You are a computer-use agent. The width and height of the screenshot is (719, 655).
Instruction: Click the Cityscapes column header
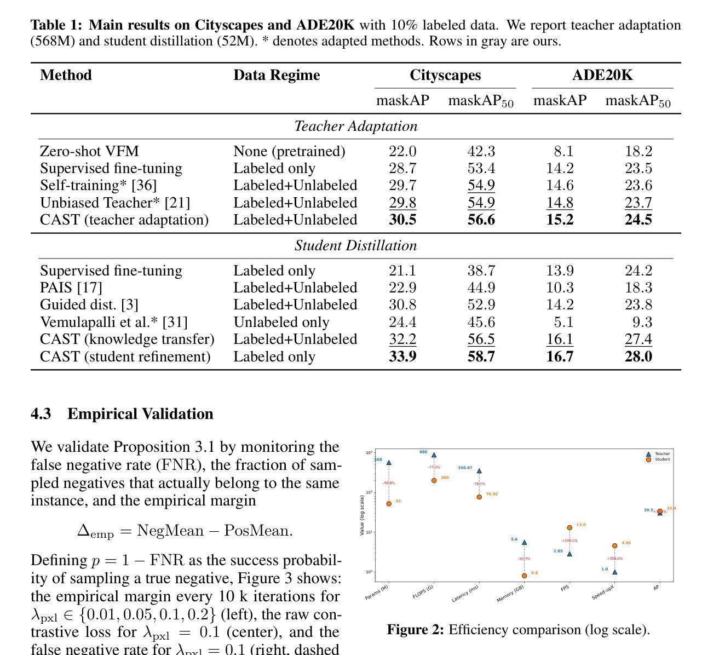[445, 75]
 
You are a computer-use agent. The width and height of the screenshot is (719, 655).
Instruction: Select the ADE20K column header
[602, 75]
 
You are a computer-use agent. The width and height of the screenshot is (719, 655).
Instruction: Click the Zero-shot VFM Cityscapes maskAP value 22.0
[402, 151]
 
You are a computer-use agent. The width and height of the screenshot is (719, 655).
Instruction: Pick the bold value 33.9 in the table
[402, 357]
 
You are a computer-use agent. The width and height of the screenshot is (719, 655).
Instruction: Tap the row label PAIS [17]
[71, 288]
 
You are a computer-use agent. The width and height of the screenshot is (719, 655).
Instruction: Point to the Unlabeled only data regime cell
[281, 322]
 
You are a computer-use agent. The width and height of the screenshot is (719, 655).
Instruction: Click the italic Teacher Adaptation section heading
[356, 126]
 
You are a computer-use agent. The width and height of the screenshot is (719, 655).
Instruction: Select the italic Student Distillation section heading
[356, 245]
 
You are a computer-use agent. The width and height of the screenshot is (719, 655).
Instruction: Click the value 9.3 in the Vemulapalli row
[639, 322]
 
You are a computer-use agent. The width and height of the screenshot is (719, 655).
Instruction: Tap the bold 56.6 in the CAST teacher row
[481, 220]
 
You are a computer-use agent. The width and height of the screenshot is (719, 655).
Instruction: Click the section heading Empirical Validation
[140, 413]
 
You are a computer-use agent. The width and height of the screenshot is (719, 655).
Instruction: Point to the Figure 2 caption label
[415, 630]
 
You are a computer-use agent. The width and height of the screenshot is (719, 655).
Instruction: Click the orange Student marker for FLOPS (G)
[434, 480]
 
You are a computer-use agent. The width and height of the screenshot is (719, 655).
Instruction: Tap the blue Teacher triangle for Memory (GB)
[524, 543]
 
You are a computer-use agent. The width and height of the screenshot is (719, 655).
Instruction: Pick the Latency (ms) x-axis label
[465, 593]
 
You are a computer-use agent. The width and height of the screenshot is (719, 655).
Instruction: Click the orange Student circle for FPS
[570, 528]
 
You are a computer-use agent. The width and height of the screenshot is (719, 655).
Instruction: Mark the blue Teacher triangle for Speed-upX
[614, 572]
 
